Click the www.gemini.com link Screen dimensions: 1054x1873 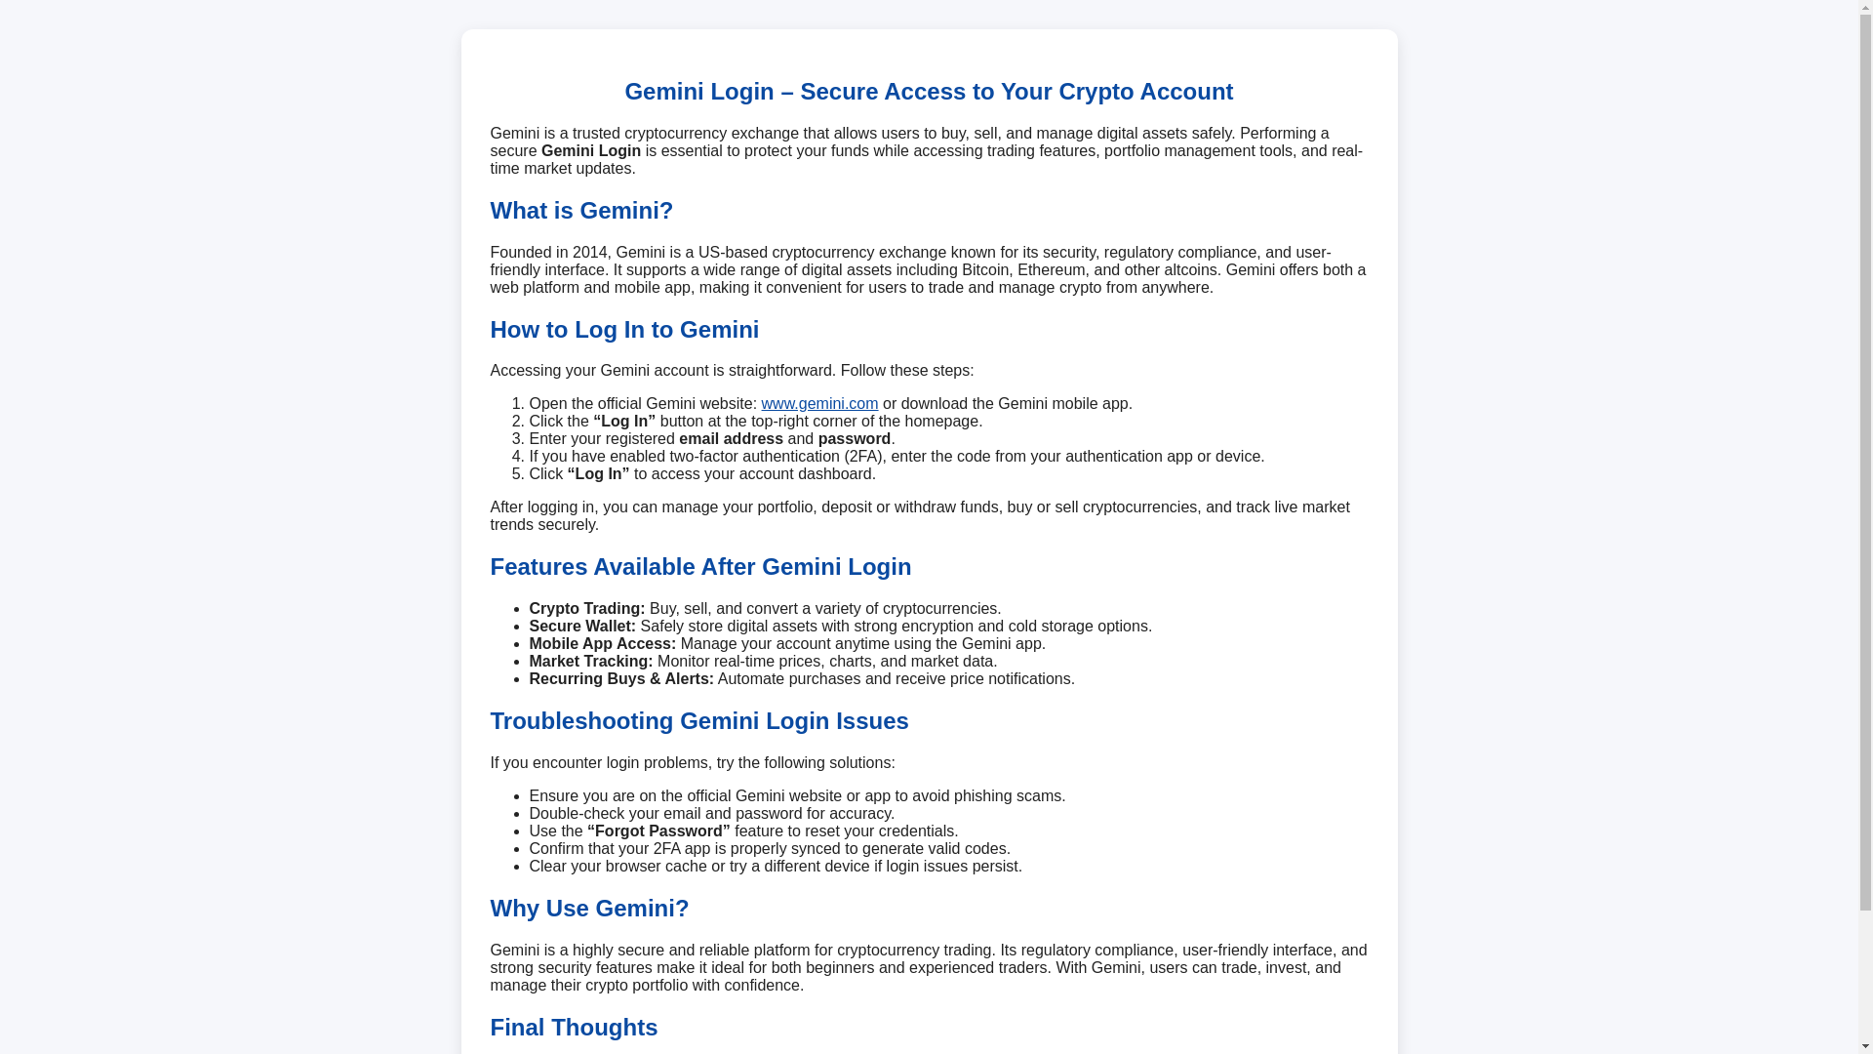click(x=819, y=404)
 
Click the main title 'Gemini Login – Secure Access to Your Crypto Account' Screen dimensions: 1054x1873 click(x=928, y=92)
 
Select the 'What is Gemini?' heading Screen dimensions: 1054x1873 click(x=581, y=211)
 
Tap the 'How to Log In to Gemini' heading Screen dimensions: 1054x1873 click(x=624, y=330)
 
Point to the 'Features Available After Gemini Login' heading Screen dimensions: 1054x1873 click(x=700, y=567)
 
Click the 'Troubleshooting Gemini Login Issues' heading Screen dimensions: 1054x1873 click(x=698, y=721)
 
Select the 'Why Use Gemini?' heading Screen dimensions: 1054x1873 click(x=589, y=909)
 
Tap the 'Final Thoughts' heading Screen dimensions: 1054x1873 click(x=574, y=1028)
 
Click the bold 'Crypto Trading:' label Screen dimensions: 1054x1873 click(x=586, y=609)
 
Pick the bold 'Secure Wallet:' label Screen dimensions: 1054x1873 click(x=581, y=627)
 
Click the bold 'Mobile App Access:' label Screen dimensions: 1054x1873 click(x=602, y=644)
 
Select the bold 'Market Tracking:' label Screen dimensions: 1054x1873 click(x=590, y=662)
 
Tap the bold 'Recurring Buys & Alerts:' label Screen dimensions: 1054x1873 click(x=620, y=679)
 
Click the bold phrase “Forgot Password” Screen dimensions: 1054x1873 click(x=658, y=831)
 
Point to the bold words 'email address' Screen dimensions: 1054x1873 click(x=731, y=439)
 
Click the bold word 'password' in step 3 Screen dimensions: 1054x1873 click(x=854, y=439)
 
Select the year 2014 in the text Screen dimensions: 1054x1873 click(x=589, y=253)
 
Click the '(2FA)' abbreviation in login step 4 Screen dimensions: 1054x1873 click(x=862, y=457)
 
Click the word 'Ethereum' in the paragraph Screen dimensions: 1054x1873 click(x=1051, y=270)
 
